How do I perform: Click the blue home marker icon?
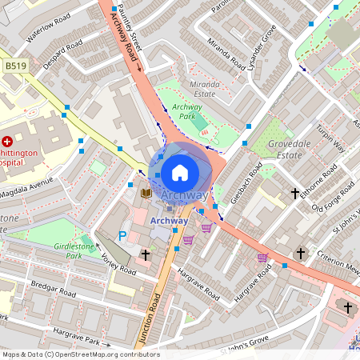180,171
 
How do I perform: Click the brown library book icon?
146,193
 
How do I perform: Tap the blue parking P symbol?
122,235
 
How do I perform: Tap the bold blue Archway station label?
170,221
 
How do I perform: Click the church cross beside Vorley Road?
146,254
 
